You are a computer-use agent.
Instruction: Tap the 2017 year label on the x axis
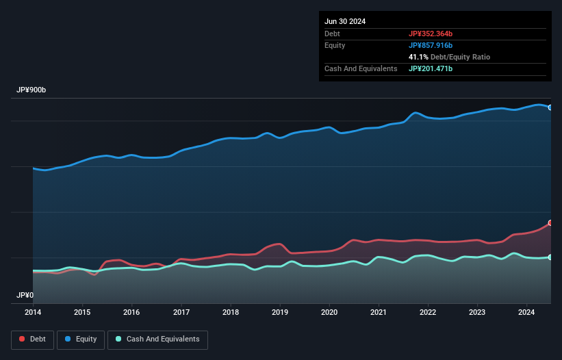point(181,313)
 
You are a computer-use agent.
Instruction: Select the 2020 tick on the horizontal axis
point(330,313)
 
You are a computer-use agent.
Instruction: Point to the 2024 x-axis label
point(526,313)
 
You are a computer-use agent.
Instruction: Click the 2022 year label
point(428,313)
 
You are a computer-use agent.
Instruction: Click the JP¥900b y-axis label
point(31,90)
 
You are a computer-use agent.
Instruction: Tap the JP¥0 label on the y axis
point(25,295)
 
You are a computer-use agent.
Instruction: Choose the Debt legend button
point(31,339)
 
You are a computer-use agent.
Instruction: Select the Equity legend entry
point(81,339)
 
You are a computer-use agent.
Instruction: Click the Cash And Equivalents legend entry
point(157,339)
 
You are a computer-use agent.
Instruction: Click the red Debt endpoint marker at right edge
point(550,223)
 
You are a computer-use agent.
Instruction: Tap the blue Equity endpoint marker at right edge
point(550,107)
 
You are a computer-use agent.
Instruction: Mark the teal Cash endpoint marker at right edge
point(550,257)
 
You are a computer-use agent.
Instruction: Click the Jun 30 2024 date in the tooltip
point(345,21)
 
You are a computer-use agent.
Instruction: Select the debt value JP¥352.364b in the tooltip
point(431,34)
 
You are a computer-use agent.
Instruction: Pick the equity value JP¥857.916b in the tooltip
point(431,45)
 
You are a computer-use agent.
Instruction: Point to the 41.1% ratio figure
point(419,57)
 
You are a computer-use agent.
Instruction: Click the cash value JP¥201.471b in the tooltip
point(431,68)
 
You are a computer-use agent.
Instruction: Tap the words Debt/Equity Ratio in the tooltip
point(461,57)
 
